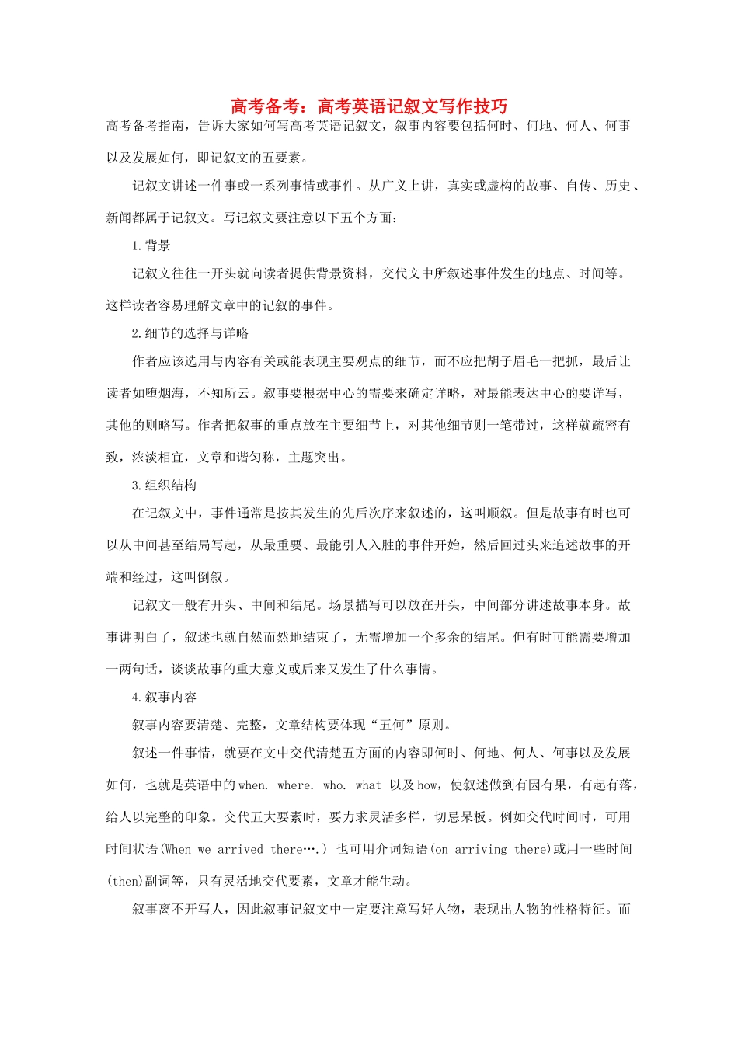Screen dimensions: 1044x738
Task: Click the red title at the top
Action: pyautogui.click(x=369, y=106)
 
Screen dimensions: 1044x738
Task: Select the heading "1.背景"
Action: pyautogui.click(x=151, y=246)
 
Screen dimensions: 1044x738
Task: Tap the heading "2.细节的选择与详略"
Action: pyautogui.click(x=190, y=333)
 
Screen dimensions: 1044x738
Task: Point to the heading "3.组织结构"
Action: pyautogui.click(x=165, y=485)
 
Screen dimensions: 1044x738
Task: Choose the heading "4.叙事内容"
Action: pyautogui.click(x=165, y=698)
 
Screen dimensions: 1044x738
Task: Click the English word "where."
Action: pyautogui.click(x=296, y=785)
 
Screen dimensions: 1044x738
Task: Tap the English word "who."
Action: pyautogui.click(x=335, y=785)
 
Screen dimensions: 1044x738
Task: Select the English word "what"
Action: pyautogui.click(x=368, y=785)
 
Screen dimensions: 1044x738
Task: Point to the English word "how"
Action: pyautogui.click(x=427, y=785)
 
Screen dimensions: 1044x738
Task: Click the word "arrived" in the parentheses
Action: pyautogui.click(x=240, y=849)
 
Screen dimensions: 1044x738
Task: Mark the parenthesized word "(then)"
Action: pyautogui.click(x=125, y=881)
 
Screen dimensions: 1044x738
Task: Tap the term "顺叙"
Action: pyautogui.click(x=500, y=513)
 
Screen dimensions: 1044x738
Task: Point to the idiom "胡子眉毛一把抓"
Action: pyautogui.click(x=531, y=361)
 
